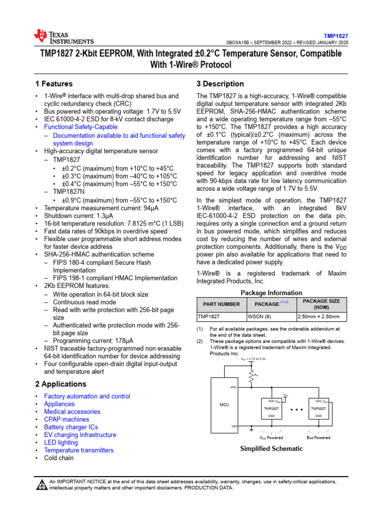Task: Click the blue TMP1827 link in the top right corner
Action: coord(336,36)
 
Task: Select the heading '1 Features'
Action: coord(54,84)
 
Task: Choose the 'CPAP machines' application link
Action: coord(66,420)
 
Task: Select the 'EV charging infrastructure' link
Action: coord(80,435)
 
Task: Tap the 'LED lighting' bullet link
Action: coord(61,442)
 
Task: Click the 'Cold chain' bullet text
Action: coord(59,458)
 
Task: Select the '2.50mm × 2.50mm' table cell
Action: coord(318,317)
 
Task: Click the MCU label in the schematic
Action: coord(224,405)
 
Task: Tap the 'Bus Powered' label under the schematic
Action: coord(318,437)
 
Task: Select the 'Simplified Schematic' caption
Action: coord(271,448)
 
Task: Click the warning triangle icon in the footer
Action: coord(40,485)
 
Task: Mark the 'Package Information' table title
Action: coord(271,293)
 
